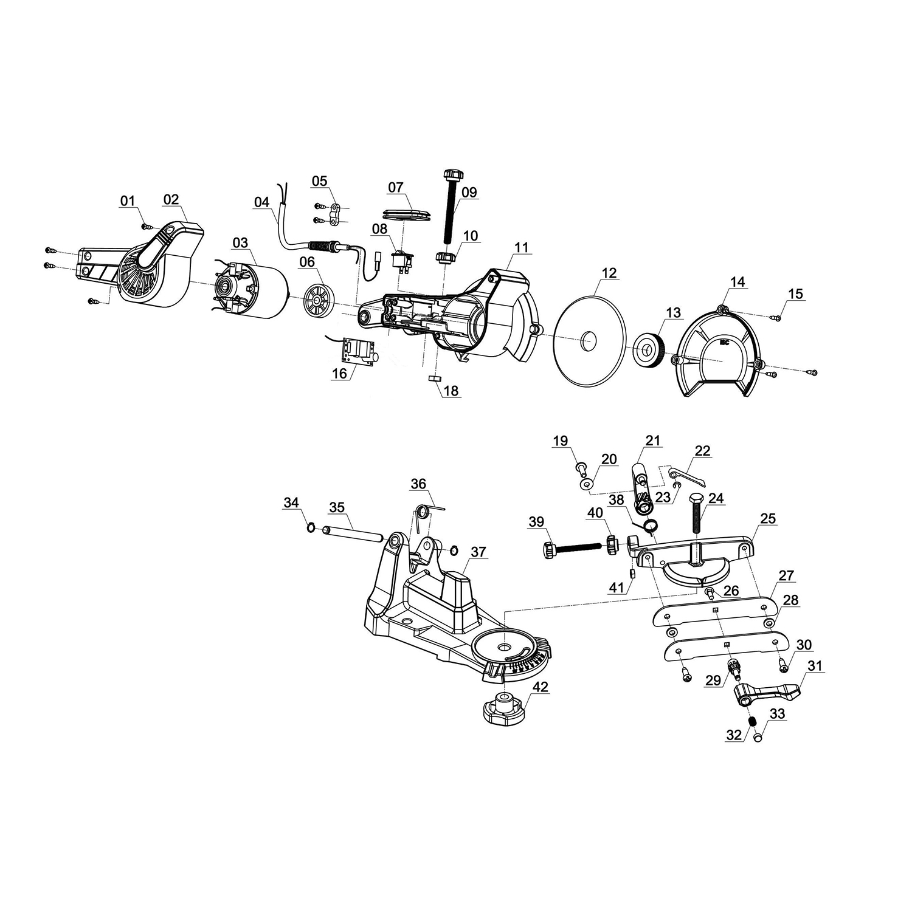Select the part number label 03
pos(240,243)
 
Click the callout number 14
pos(738,282)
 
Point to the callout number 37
pos(478,552)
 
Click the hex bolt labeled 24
pos(696,514)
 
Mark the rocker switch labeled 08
pos(401,262)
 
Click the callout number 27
pos(786,575)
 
